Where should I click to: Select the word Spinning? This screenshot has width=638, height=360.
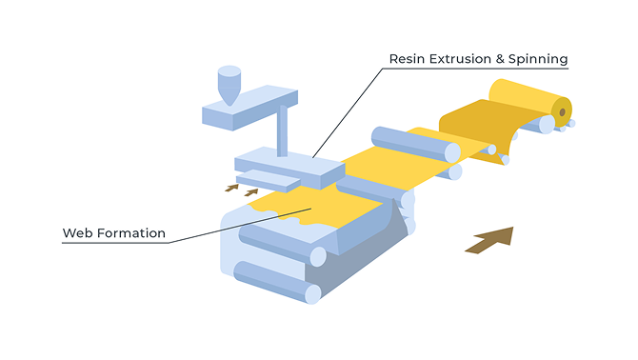click(x=538, y=59)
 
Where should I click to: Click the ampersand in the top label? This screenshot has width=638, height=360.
click(x=500, y=59)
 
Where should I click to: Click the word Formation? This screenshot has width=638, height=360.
click(x=131, y=233)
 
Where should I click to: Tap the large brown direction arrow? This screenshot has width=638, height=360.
click(x=489, y=240)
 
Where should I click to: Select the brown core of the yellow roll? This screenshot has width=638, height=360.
click(x=563, y=111)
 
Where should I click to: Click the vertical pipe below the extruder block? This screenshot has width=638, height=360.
click(x=282, y=130)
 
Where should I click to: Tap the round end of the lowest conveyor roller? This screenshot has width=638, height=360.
click(x=313, y=294)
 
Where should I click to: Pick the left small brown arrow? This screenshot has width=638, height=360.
click(x=232, y=188)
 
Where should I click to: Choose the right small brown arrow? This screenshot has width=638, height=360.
click(x=251, y=192)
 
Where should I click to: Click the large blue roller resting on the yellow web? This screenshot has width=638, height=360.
click(x=416, y=145)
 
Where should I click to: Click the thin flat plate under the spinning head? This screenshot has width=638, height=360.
click(x=269, y=181)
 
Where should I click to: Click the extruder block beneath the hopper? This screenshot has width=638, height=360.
click(x=249, y=108)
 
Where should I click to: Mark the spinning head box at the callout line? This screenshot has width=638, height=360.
click(x=289, y=168)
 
